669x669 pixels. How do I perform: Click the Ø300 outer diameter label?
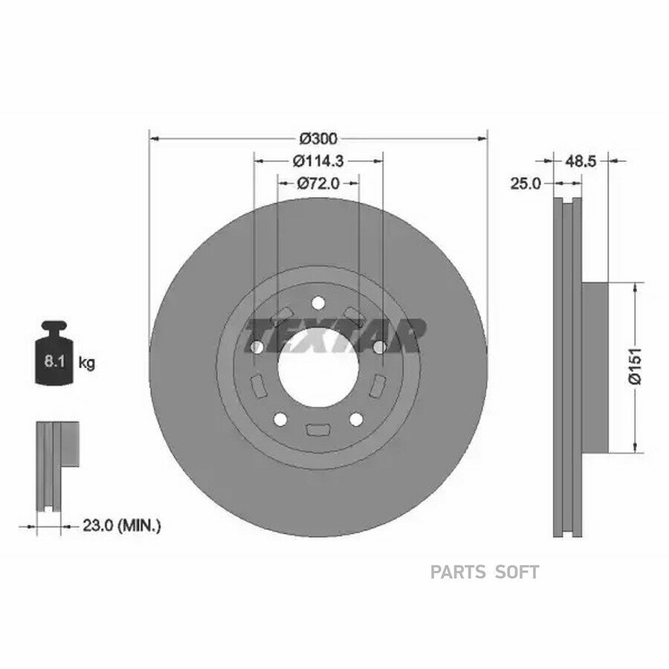tap(318, 139)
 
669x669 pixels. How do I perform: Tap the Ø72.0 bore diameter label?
tap(318, 184)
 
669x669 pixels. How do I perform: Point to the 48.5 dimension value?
tap(581, 161)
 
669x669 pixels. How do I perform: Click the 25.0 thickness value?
tap(526, 184)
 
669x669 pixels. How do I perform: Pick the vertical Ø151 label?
tap(636, 366)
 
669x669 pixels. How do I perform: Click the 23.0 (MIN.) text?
tap(122, 526)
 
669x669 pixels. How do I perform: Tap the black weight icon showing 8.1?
tap(54, 353)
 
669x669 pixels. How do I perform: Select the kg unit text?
tap(87, 363)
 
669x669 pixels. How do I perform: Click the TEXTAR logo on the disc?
tap(335, 336)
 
